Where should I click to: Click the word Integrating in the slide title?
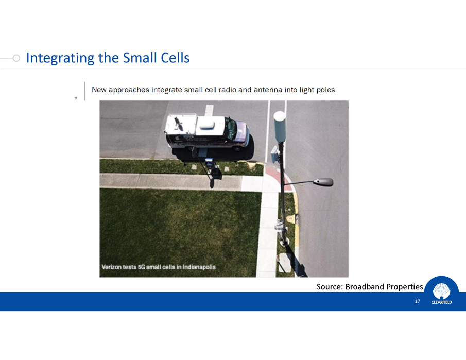point(60,58)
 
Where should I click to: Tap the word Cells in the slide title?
point(175,58)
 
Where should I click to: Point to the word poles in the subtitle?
point(325,90)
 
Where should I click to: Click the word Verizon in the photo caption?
point(111,267)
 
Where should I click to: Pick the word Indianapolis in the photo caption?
point(199,267)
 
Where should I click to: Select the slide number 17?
point(417,301)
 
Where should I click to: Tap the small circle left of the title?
point(16,58)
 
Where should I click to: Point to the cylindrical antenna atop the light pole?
point(280,127)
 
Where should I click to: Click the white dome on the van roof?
point(207,123)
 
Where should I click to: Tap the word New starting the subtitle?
point(99,90)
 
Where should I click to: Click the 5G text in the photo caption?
point(142,267)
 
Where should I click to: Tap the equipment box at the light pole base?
point(280,226)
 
